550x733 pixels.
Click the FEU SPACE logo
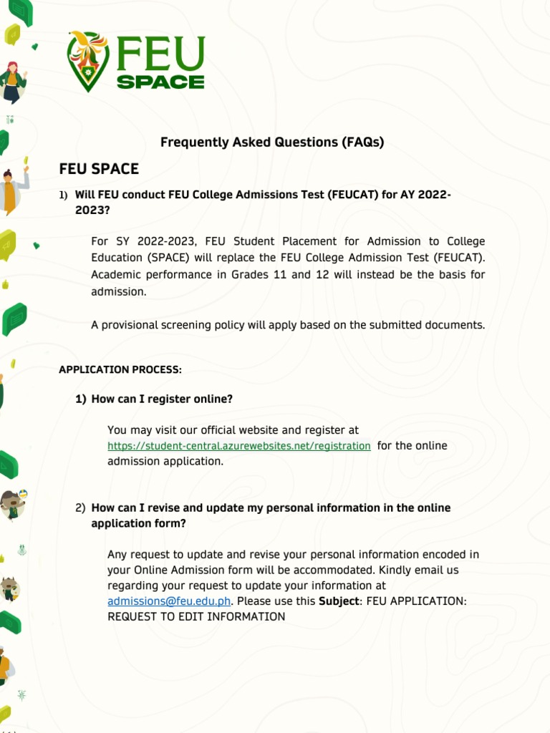[x=136, y=62]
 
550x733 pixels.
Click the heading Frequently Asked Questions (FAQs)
[x=272, y=142]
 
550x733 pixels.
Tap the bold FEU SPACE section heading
[x=99, y=169]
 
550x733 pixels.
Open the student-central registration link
[x=239, y=446]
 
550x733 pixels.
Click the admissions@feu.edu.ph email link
[x=169, y=601]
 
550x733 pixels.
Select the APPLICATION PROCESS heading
[x=120, y=370]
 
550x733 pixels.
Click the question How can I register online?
[x=162, y=399]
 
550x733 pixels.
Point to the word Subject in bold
[x=339, y=601]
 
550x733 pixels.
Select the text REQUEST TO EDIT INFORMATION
[x=196, y=617]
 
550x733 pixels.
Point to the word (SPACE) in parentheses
[x=173, y=258]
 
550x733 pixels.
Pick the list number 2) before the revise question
[x=80, y=508]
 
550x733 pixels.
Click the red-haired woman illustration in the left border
[x=11, y=81]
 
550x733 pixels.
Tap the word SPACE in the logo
[x=160, y=82]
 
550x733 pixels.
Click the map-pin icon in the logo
[x=88, y=62]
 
